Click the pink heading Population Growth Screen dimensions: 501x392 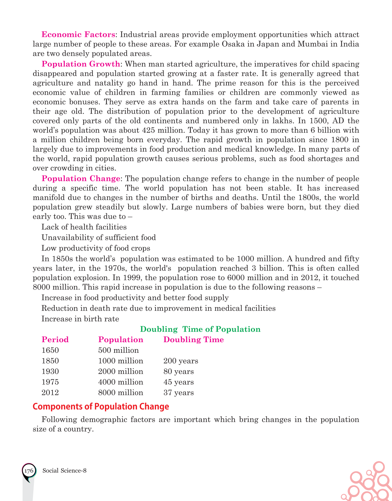(x=81, y=64)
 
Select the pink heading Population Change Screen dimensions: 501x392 (x=81, y=178)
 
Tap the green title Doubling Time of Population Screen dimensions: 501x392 (x=200, y=329)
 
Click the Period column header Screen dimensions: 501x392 (x=55, y=339)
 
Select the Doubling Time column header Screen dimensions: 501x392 (x=194, y=339)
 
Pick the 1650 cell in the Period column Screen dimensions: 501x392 (x=50, y=350)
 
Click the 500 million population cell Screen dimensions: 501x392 (x=119, y=350)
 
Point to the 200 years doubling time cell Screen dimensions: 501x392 (x=181, y=361)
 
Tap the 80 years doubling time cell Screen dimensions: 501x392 (x=179, y=372)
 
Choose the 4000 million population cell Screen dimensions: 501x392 (x=121, y=382)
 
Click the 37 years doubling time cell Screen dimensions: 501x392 (x=179, y=393)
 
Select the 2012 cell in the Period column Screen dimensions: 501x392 (x=50, y=393)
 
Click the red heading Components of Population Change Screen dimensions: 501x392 (x=101, y=406)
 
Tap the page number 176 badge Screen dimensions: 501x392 (x=29, y=471)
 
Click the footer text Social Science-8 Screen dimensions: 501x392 (x=65, y=471)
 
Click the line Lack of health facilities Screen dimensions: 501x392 (x=84, y=227)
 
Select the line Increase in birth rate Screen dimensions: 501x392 (x=80, y=319)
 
